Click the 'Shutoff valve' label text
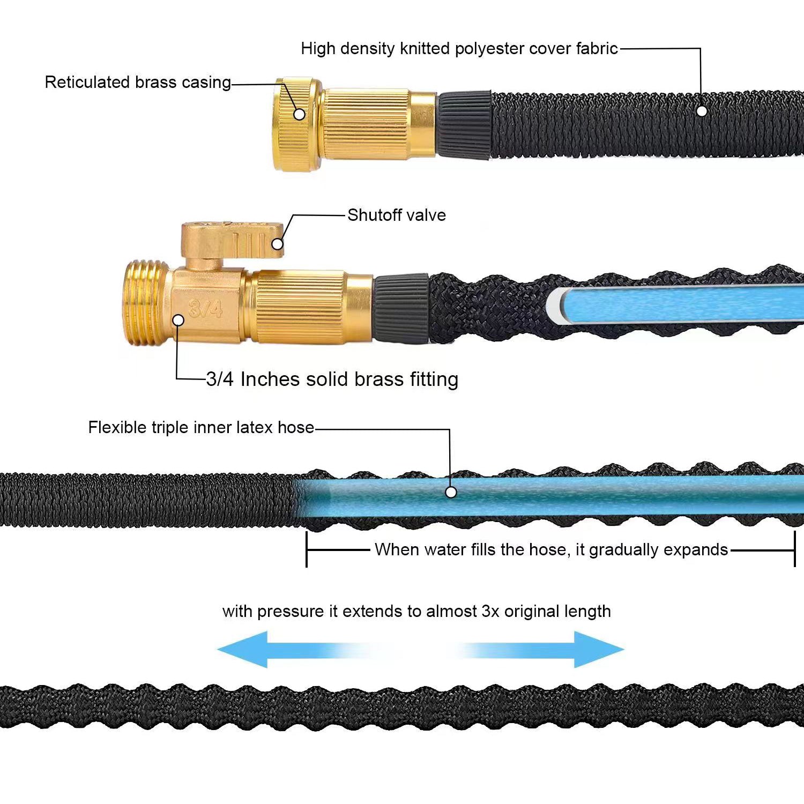click(396, 215)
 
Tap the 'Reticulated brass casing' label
click(138, 82)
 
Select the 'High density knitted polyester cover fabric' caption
click(459, 49)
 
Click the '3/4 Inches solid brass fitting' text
click(332, 379)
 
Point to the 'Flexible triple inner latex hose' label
click(201, 427)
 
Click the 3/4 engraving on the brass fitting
click(205, 308)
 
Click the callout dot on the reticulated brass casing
click(300, 114)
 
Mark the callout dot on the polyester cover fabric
click(702, 111)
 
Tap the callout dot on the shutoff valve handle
click(277, 244)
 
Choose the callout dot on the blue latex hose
click(451, 492)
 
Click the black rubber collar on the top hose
click(464, 125)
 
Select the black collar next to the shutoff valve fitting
click(401, 308)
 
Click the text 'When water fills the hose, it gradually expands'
click(551, 549)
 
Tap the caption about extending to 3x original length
click(416, 611)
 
